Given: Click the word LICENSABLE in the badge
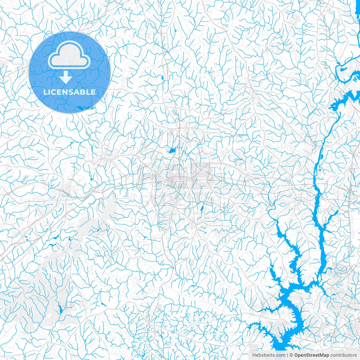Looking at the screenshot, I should click(69, 92).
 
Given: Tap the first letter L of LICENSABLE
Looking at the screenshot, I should click(45, 92).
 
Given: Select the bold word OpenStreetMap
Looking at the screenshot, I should click(312, 355).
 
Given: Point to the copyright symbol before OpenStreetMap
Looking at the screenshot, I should click(291, 355).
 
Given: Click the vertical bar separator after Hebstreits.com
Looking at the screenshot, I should click(287, 355).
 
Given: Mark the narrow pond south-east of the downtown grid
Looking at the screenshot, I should click(202, 208).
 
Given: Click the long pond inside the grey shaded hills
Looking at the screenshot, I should click(60, 309).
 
